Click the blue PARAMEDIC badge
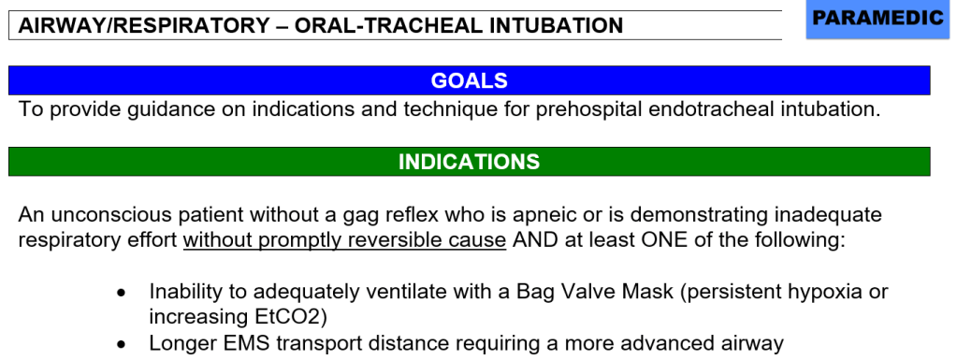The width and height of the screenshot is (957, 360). coord(877,20)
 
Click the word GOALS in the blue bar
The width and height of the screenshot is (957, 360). coord(469,80)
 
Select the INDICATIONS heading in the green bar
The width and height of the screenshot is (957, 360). coord(469,162)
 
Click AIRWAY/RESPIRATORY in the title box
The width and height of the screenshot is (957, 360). coord(143,25)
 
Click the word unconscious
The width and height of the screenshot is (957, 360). coord(113,215)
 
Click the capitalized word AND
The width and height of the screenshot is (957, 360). coord(535,239)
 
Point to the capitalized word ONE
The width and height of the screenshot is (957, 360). coord(664,239)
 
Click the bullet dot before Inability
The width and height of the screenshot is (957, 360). coord(122,293)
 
